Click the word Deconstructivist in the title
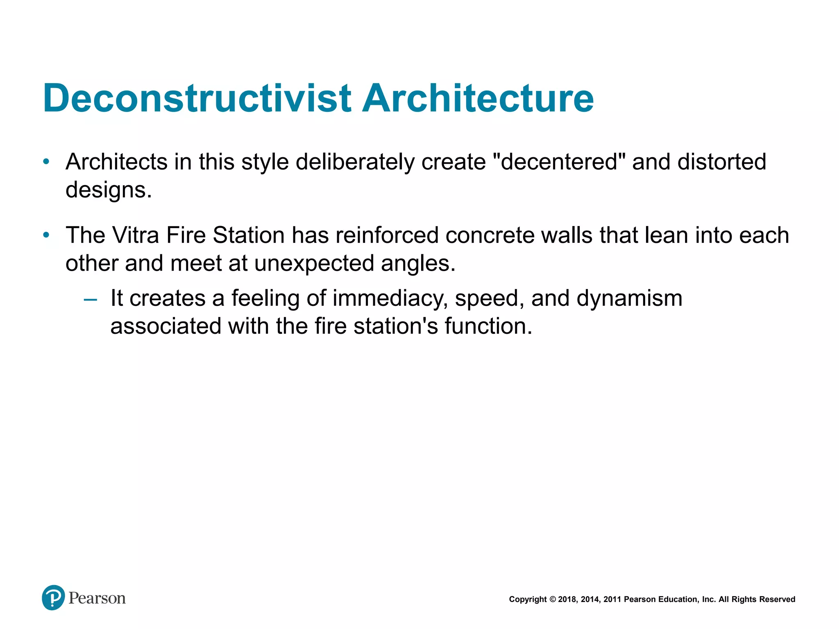tap(197, 98)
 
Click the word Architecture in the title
tap(478, 98)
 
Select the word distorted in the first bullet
tap(721, 162)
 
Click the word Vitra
tap(135, 235)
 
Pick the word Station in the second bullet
tap(248, 235)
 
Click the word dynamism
tap(629, 299)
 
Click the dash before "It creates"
tap(90, 299)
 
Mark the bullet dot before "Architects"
tap(46, 162)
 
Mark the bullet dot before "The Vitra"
tap(46, 235)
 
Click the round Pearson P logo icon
tap(53, 597)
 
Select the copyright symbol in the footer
tap(552, 600)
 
